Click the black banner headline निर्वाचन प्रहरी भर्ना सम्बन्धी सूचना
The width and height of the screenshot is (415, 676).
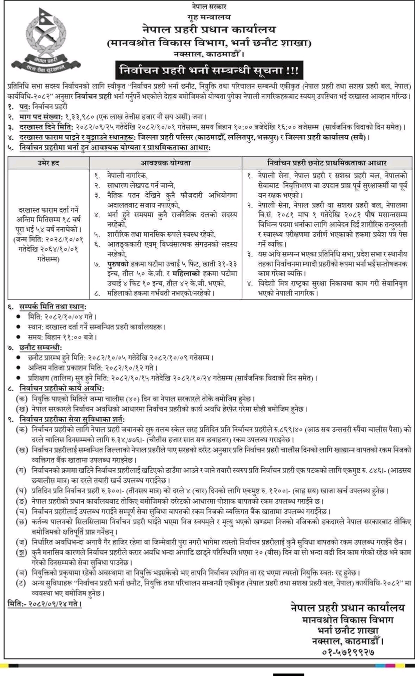click(x=207, y=68)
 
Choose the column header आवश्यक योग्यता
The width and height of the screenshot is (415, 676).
click(x=165, y=164)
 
